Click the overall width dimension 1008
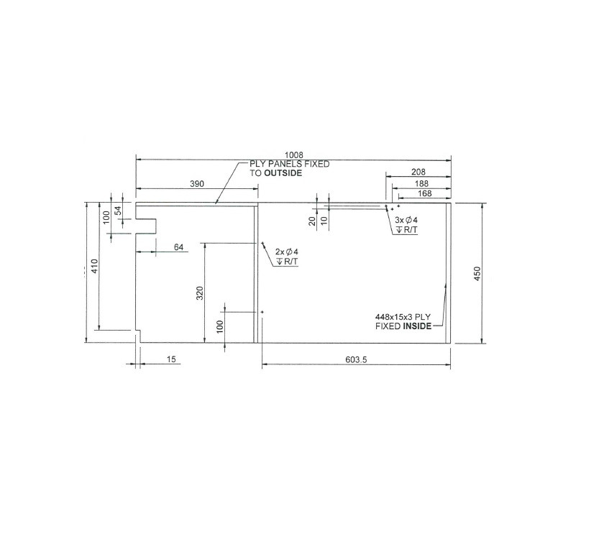[294, 155]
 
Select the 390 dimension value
[197, 184]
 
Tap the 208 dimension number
[418, 172]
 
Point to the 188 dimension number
[422, 183]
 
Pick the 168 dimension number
[424, 193]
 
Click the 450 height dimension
[477, 273]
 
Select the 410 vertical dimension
[94, 265]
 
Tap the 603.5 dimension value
[356, 360]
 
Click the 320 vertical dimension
[201, 292]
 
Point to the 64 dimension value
[178, 247]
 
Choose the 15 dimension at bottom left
[171, 359]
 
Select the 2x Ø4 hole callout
[286, 252]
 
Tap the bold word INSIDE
[417, 326]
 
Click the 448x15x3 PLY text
[403, 316]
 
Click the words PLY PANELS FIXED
[289, 164]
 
